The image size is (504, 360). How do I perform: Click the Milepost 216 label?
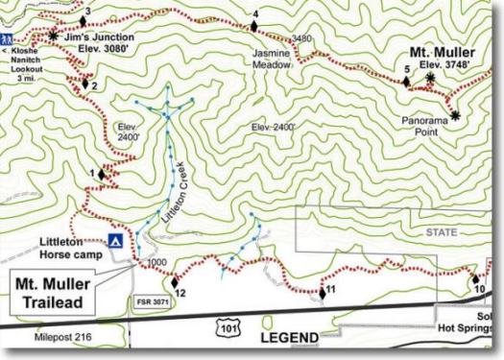[x=60, y=338]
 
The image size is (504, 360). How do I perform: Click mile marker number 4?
[x=256, y=13]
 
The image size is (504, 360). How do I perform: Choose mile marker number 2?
[x=93, y=84]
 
